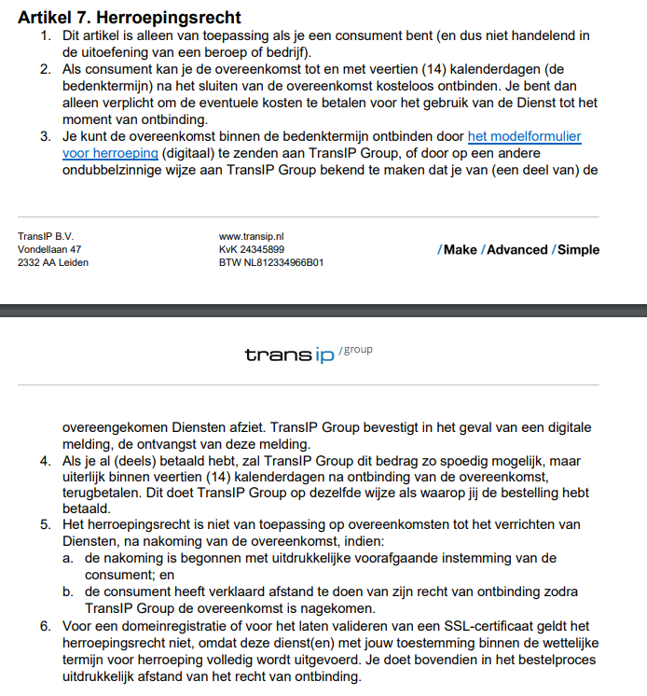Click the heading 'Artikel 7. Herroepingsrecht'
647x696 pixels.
coord(130,18)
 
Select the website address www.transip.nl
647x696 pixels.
coord(251,237)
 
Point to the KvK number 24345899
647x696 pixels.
coord(252,250)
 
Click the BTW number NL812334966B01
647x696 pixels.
coord(271,263)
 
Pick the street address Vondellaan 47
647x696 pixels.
coord(49,250)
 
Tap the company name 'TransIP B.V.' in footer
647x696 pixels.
coord(45,237)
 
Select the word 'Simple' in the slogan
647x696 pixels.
coord(578,250)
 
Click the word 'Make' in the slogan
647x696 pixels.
coord(460,250)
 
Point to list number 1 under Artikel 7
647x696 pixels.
coord(46,35)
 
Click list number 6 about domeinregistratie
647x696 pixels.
coord(46,626)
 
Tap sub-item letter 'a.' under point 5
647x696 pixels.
coord(68,558)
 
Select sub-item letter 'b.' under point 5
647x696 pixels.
coord(68,592)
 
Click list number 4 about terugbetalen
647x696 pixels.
coord(46,461)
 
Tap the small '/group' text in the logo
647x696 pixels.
coord(356,349)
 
